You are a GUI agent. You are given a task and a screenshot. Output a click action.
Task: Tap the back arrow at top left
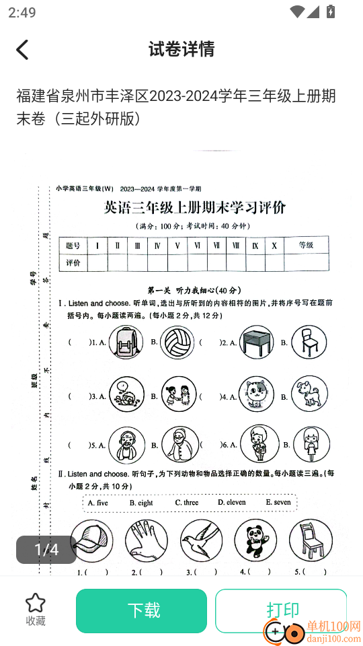pyautogui.click(x=23, y=49)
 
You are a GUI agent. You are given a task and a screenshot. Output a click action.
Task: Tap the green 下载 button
pyautogui.click(x=141, y=610)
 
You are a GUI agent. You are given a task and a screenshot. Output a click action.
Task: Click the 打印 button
pyautogui.click(x=282, y=610)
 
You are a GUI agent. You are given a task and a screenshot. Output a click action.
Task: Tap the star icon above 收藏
pyautogui.click(x=35, y=603)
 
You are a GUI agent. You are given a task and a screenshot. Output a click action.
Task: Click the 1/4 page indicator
pyautogui.click(x=46, y=550)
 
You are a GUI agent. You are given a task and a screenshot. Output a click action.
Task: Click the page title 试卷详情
pyautogui.click(x=182, y=49)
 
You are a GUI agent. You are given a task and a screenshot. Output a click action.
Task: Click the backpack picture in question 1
pyautogui.click(x=126, y=341)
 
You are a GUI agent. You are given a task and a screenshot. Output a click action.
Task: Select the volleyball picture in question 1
pyautogui.click(x=177, y=341)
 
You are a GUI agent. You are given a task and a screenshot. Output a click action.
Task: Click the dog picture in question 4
pyautogui.click(x=308, y=394)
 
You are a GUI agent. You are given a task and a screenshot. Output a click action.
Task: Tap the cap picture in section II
pyautogui.click(x=91, y=541)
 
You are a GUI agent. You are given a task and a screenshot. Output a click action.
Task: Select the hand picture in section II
pyautogui.click(x=146, y=541)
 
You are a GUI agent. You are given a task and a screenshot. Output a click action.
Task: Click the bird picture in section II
pyautogui.click(x=201, y=541)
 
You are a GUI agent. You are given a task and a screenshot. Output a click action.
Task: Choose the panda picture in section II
pyautogui.click(x=255, y=541)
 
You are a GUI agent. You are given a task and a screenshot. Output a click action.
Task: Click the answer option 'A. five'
pyautogui.click(x=98, y=503)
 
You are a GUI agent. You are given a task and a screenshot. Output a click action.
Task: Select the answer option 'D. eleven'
pyautogui.click(x=232, y=503)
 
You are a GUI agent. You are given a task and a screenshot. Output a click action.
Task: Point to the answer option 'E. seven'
pyautogui.click(x=278, y=503)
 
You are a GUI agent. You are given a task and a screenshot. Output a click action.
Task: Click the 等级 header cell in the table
pyautogui.click(x=306, y=246)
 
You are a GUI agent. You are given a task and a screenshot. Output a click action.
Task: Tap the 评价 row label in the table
pyautogui.click(x=73, y=262)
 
